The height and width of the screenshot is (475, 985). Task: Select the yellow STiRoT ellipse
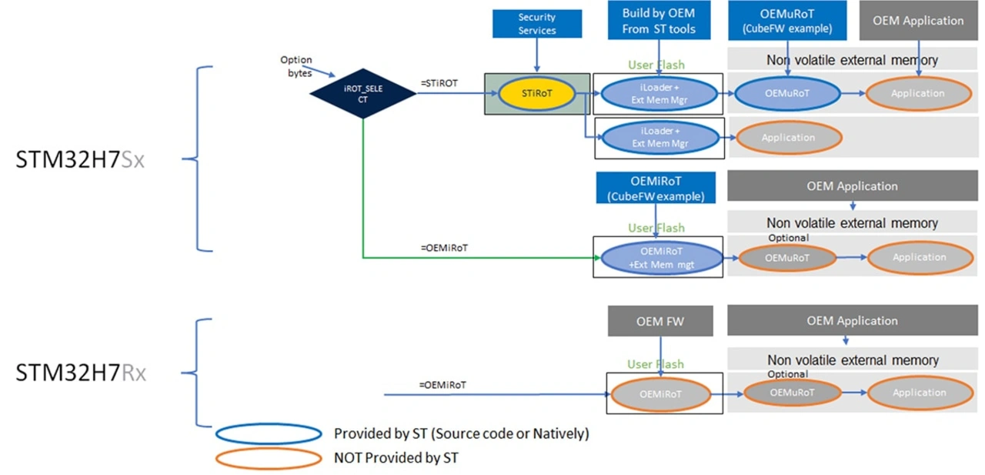pos(536,94)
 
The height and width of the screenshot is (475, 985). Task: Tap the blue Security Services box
pos(536,24)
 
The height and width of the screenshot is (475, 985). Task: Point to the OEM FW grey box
pos(660,321)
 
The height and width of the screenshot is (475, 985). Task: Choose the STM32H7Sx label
pos(81,160)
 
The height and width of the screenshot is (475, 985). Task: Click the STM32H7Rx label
pos(81,373)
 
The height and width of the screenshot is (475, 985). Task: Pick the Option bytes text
pos(296,66)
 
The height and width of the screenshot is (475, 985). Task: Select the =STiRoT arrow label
pos(440,82)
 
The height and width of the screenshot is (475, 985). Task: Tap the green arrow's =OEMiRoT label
pos(444,248)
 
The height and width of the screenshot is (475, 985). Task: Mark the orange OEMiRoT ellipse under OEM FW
pos(661,393)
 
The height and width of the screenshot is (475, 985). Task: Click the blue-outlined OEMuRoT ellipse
pos(786,94)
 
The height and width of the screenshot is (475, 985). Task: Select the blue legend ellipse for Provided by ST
pos(269,433)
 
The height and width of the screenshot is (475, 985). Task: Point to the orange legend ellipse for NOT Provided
pos(269,458)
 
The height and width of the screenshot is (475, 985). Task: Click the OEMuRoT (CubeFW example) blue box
pos(786,21)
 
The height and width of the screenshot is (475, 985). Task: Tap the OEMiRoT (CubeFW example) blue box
pos(656,189)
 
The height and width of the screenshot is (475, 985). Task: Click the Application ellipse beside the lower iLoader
pos(789,138)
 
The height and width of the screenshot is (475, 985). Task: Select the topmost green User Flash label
pos(656,65)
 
